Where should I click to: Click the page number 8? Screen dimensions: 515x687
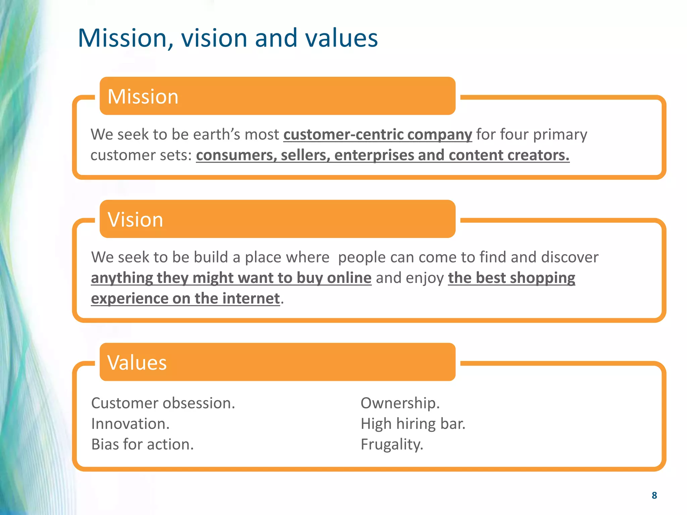654,495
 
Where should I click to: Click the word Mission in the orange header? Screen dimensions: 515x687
143,97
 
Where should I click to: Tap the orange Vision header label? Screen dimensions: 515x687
135,220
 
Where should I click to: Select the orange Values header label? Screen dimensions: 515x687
137,362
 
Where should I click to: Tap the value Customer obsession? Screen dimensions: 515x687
163,403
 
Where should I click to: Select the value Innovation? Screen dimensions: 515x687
130,424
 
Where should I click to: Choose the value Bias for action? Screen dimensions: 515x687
143,445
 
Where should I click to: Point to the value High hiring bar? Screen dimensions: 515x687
413,424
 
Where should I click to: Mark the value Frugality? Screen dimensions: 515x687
392,445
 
